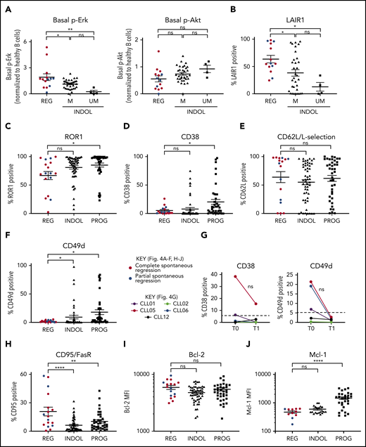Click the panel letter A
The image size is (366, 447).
(x=6, y=6)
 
